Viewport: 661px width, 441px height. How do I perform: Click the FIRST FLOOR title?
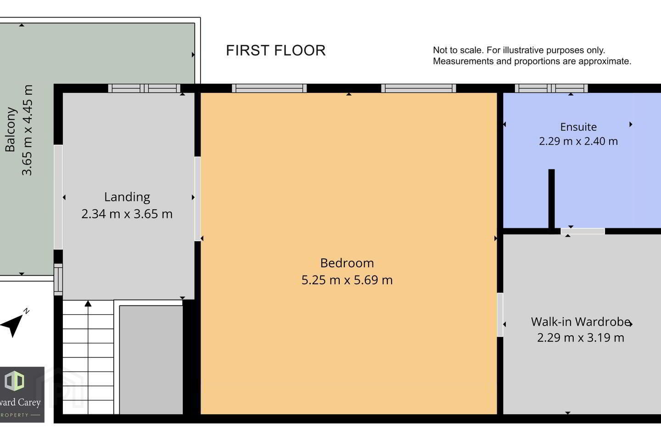pyautogui.click(x=275, y=50)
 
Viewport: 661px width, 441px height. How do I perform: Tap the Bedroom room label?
pyautogui.click(x=347, y=263)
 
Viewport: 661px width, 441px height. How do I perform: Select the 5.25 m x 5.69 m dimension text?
pyautogui.click(x=347, y=280)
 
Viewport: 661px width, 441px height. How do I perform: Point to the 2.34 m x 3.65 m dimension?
pyautogui.click(x=127, y=214)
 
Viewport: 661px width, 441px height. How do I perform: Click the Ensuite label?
pyautogui.click(x=578, y=127)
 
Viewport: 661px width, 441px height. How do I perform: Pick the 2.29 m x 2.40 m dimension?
pyautogui.click(x=578, y=141)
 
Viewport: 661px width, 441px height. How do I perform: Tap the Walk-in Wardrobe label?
pyautogui.click(x=581, y=322)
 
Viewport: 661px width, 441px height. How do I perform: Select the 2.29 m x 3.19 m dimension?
pyautogui.click(x=581, y=338)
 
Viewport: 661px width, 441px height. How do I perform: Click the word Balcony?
pyautogui.click(x=10, y=130)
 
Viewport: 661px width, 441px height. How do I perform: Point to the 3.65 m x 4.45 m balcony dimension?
pyautogui.click(x=27, y=130)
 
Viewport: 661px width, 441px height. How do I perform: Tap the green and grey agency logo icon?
pyautogui.click(x=14, y=381)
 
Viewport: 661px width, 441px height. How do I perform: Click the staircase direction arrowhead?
pyautogui.click(x=88, y=304)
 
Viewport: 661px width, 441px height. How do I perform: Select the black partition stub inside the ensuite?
pyautogui.click(x=552, y=198)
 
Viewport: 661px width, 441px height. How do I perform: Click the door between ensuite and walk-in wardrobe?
pyautogui.click(x=583, y=231)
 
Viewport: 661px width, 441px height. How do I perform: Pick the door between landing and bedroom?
pyautogui.click(x=197, y=199)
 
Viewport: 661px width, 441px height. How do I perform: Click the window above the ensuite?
pyautogui.click(x=551, y=88)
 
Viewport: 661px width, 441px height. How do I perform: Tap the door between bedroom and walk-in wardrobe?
pyautogui.click(x=500, y=315)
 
